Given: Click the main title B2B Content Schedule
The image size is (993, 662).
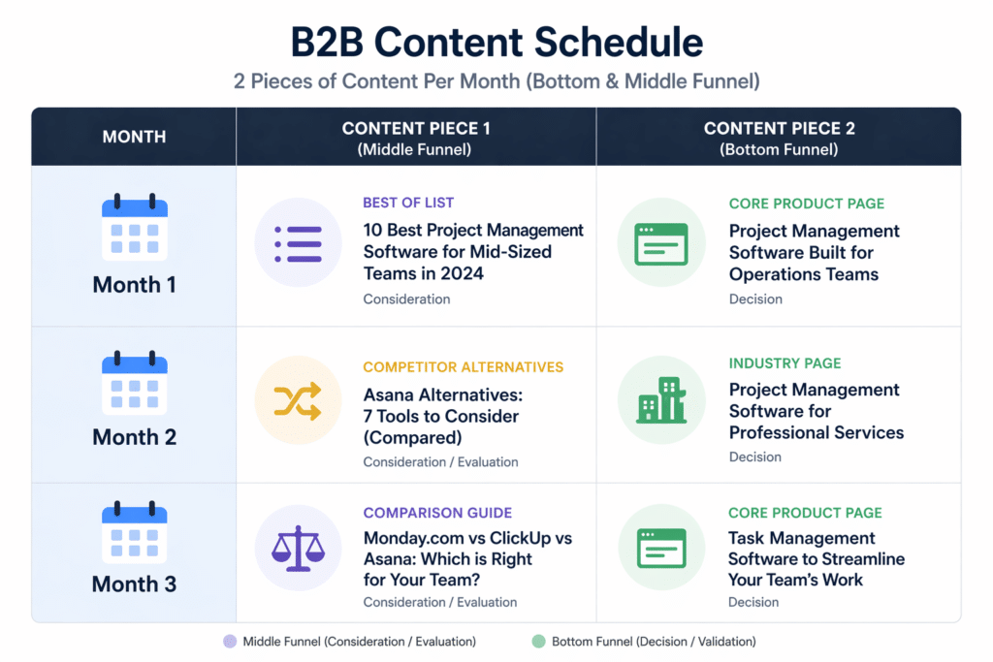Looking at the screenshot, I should click(x=496, y=43).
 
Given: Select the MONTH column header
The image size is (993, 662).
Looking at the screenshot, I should click(x=134, y=137).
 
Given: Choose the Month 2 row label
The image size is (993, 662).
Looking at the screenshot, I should click(x=135, y=437).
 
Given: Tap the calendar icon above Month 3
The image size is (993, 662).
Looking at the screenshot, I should click(x=135, y=532).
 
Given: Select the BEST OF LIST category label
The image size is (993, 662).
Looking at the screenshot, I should click(x=408, y=203).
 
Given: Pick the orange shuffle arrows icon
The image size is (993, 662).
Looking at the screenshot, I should click(x=298, y=399).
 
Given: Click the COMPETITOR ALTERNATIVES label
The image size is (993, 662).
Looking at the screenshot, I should click(x=463, y=367).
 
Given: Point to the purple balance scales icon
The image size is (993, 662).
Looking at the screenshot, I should click(x=298, y=548).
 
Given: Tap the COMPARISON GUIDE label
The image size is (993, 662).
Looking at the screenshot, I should click(x=437, y=513).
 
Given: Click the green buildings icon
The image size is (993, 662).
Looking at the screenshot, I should click(x=660, y=399).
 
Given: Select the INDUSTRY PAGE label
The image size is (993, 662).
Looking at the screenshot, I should click(x=785, y=363).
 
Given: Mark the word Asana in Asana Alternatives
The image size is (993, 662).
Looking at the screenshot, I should click(x=389, y=395).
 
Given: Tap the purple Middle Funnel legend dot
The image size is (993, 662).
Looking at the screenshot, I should click(x=230, y=641).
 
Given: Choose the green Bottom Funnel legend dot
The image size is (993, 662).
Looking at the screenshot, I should click(x=539, y=641).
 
